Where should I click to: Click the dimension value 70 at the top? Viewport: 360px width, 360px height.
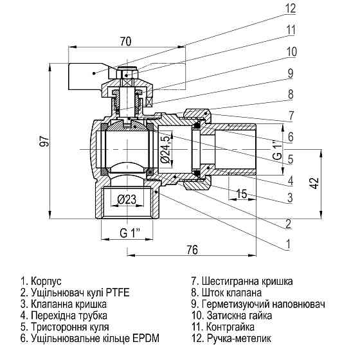(x=125, y=42)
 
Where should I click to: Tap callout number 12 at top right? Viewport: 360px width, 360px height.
(x=291, y=8)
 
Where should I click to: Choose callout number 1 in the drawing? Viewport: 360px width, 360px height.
(x=289, y=244)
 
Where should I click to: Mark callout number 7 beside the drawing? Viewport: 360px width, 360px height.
(x=291, y=115)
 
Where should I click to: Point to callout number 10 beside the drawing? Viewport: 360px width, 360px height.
(x=291, y=51)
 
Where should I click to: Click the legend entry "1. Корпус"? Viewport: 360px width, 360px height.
(x=40, y=281)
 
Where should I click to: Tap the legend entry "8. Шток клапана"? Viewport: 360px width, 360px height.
(x=226, y=292)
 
